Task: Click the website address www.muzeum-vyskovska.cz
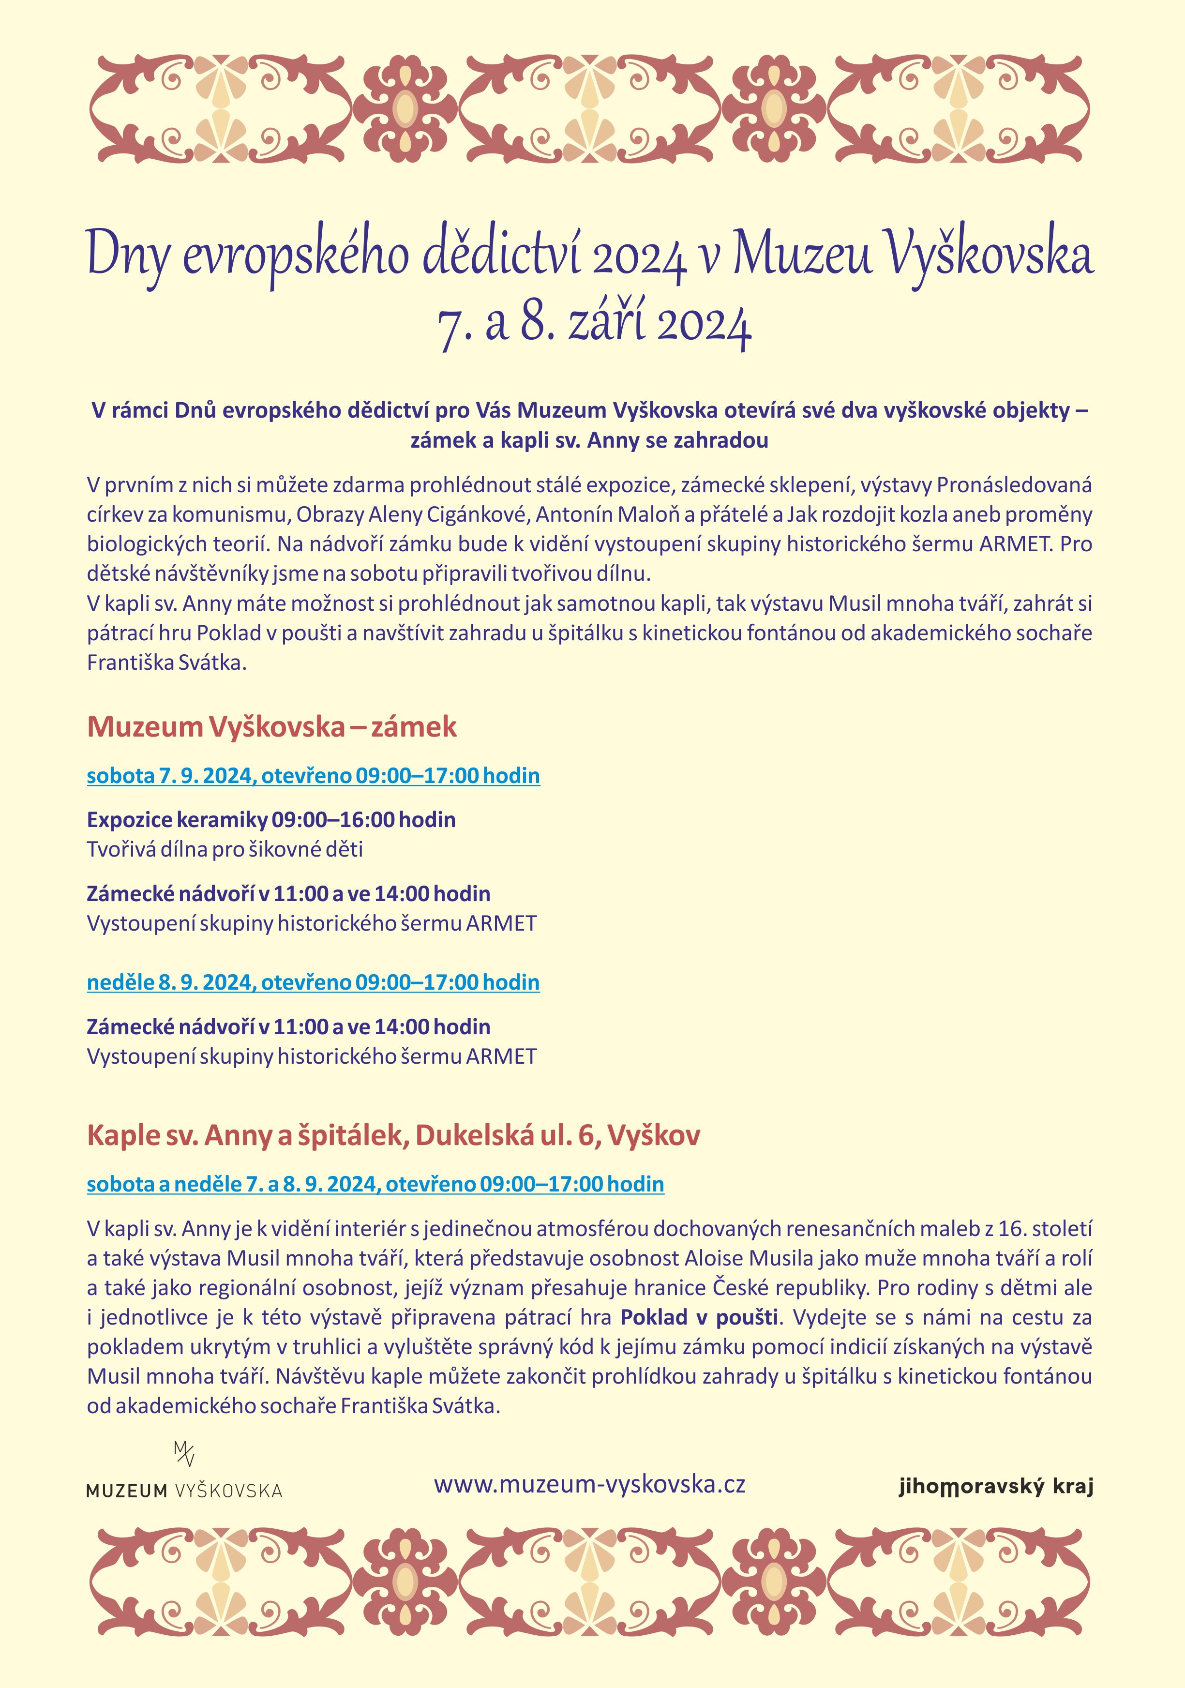point(589,1484)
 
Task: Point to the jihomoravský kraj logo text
point(995,1487)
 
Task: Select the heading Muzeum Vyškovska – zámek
point(271,726)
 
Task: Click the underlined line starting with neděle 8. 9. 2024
point(313,982)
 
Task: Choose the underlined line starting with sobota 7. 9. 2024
point(313,776)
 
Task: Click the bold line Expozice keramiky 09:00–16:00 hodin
point(271,820)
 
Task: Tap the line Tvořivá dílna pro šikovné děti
point(225,849)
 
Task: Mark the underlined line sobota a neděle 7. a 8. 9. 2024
point(375,1184)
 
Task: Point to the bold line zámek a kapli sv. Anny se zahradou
point(589,440)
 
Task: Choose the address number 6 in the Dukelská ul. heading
point(586,1135)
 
